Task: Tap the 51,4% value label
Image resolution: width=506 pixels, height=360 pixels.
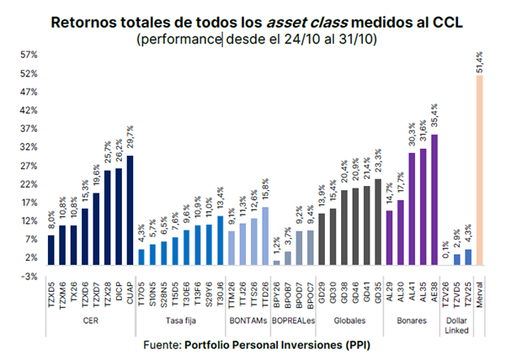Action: (480, 61)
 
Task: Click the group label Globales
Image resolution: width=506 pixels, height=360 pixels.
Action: (349, 320)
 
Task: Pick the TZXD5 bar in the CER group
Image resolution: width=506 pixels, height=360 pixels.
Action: (51, 250)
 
